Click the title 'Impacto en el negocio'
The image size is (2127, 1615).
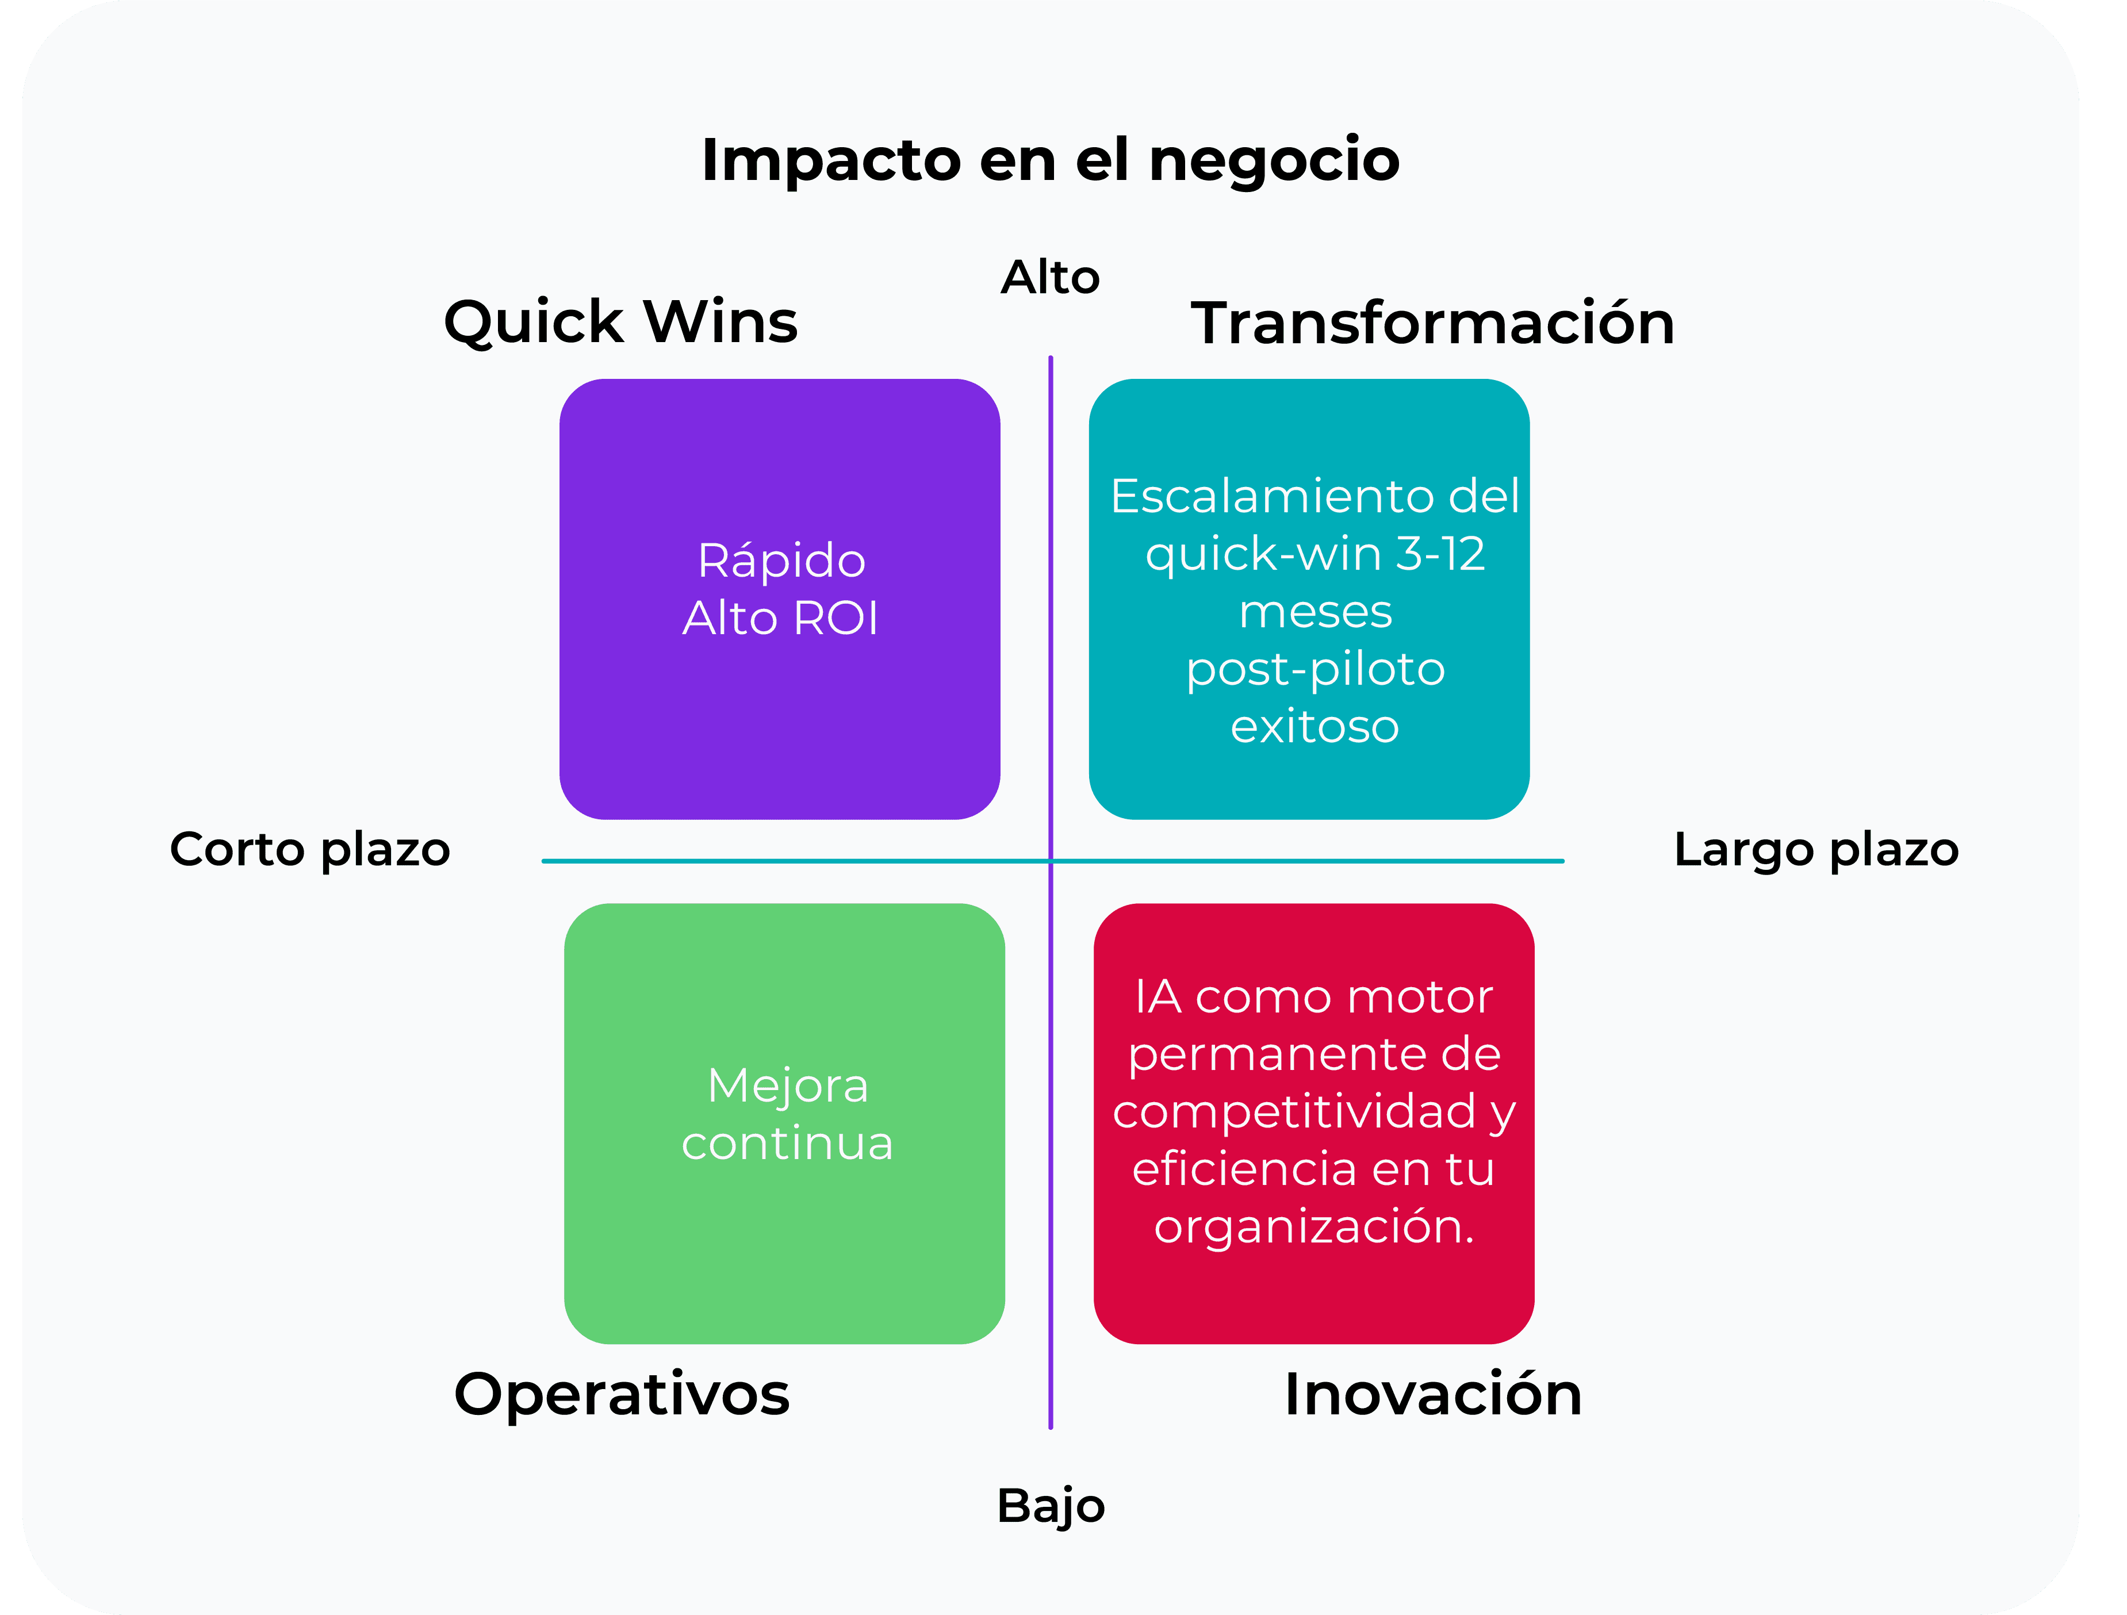point(1050,160)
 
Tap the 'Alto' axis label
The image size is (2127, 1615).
point(1050,278)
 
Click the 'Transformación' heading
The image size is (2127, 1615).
point(1433,323)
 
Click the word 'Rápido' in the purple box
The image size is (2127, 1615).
point(781,561)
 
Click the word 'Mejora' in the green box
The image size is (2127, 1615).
point(788,1086)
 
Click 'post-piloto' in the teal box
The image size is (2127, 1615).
point(1314,669)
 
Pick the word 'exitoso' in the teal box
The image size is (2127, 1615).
point(1314,727)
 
